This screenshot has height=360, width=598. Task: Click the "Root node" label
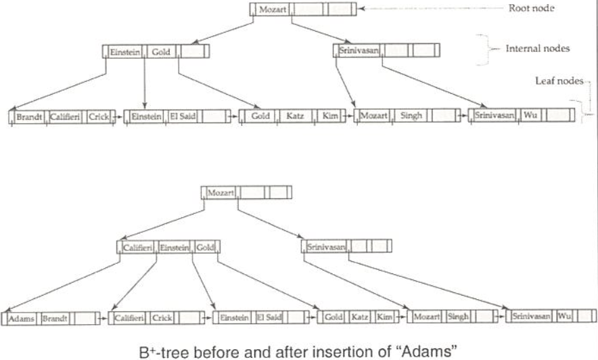[x=532, y=9]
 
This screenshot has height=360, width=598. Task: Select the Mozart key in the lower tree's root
[x=220, y=193]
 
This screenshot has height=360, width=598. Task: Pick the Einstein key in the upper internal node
[x=124, y=51]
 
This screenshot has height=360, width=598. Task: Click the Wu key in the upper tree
[x=531, y=116]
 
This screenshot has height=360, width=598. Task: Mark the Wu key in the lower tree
[x=564, y=316]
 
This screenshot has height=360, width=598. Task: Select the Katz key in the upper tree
[x=294, y=116]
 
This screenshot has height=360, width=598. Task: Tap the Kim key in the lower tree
[x=384, y=317]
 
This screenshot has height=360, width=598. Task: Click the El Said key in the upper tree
[x=183, y=116]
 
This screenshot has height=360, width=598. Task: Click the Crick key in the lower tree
[x=162, y=317]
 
